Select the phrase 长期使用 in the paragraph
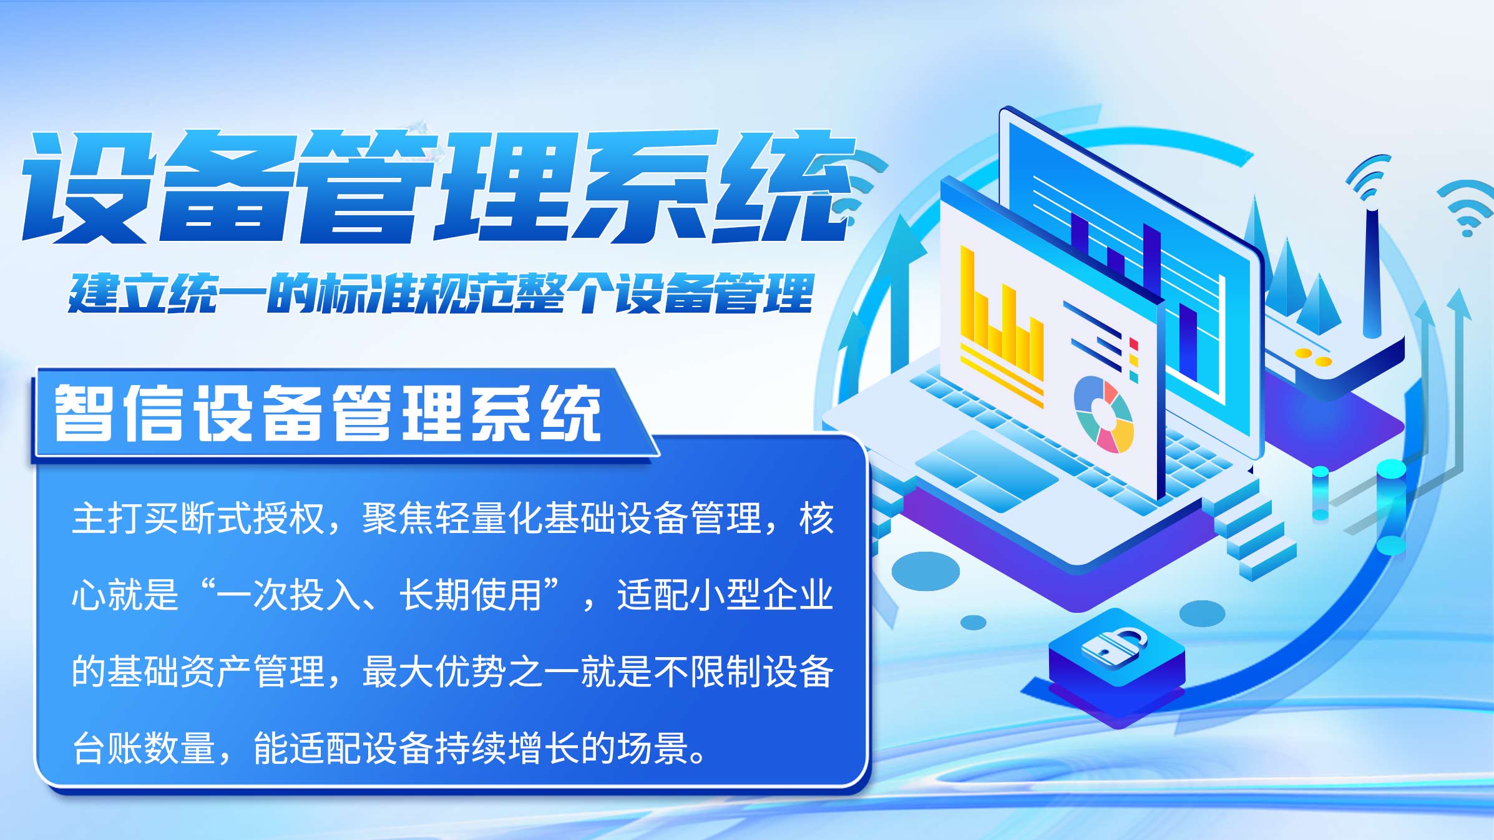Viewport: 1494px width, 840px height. coord(471,595)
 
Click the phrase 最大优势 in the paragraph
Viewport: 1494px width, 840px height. coord(435,672)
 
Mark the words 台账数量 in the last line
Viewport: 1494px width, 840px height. coord(144,748)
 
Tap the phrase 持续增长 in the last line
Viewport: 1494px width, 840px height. coord(507,748)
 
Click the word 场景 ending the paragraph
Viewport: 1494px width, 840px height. coord(653,748)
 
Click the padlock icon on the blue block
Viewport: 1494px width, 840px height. coord(1114,647)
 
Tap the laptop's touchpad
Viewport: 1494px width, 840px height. coord(986,471)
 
